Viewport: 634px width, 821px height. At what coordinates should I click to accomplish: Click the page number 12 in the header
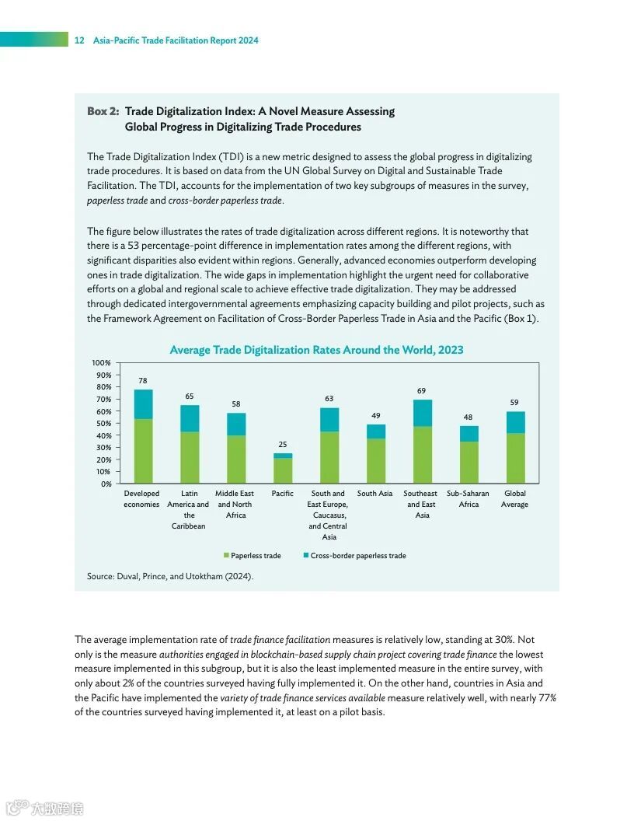pyautogui.click(x=79, y=40)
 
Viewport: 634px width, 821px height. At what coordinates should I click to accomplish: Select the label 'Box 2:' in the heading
pyautogui.click(x=103, y=111)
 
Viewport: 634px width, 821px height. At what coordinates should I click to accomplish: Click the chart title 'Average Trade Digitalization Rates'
pyautogui.click(x=316, y=350)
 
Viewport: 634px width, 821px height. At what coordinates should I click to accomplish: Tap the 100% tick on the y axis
pyautogui.click(x=101, y=363)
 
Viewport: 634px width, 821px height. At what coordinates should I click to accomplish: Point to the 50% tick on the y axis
pyautogui.click(x=103, y=424)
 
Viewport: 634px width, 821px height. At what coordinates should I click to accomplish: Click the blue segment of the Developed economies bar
pyautogui.click(x=143, y=404)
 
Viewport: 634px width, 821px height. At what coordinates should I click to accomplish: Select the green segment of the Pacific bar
pyautogui.click(x=283, y=470)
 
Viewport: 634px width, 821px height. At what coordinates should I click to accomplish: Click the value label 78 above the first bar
pyautogui.click(x=143, y=381)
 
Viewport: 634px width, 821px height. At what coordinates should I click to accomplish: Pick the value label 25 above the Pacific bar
pyautogui.click(x=283, y=444)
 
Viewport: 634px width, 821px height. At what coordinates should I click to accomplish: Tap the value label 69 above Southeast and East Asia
pyautogui.click(x=422, y=390)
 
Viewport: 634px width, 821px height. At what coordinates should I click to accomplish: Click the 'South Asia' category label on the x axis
pyautogui.click(x=375, y=494)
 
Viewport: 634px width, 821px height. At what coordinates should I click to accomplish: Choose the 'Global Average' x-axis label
pyautogui.click(x=515, y=499)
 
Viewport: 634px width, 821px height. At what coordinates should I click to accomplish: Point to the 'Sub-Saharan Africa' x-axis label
pyautogui.click(x=469, y=499)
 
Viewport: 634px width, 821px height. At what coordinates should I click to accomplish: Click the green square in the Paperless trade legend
pyautogui.click(x=226, y=556)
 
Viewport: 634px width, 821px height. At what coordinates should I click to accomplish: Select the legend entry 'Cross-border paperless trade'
pyautogui.click(x=358, y=556)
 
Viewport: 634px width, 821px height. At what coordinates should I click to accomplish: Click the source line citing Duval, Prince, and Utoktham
pyautogui.click(x=170, y=576)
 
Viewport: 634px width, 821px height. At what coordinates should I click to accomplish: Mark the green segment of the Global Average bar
pyautogui.click(x=515, y=458)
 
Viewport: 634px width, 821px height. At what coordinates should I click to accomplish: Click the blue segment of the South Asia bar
pyautogui.click(x=376, y=431)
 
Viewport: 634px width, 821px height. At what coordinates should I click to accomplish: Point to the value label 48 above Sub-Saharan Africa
pyautogui.click(x=469, y=417)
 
